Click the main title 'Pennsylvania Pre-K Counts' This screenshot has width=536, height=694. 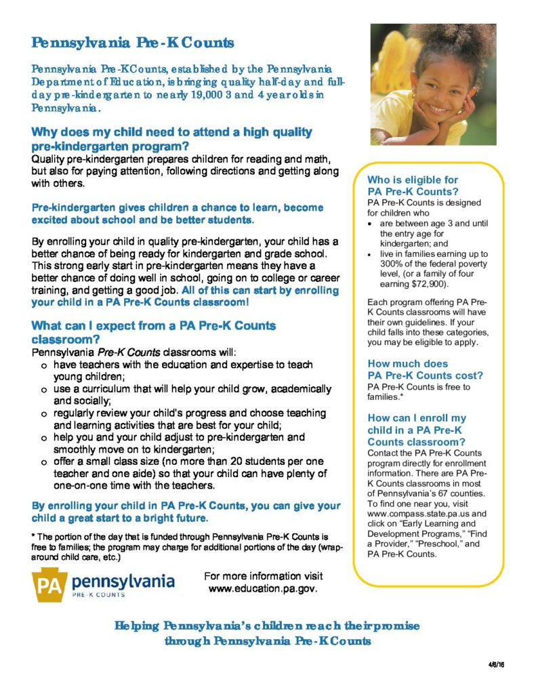coord(133,43)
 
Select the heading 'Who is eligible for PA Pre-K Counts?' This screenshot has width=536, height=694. coord(413,186)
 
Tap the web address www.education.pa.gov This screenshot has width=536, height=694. coord(263,589)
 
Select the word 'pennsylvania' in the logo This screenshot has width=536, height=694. coord(123,581)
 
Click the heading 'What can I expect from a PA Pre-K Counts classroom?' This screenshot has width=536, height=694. coord(154,332)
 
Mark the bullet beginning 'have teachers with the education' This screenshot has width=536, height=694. coord(183,365)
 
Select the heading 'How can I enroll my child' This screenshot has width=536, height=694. coord(416,430)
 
